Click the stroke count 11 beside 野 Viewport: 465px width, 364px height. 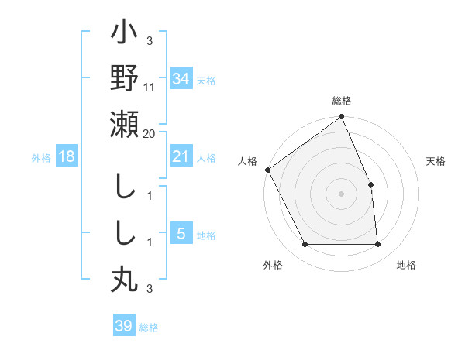tap(150, 88)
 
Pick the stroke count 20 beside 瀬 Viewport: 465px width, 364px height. tap(150, 134)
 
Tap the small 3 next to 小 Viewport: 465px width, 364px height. tap(149, 41)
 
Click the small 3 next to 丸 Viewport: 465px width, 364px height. tap(149, 289)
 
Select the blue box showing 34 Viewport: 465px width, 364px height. tap(181, 79)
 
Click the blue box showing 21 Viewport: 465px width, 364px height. tap(181, 156)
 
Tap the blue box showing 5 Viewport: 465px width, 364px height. tap(181, 234)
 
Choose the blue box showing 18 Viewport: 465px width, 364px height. tap(67, 156)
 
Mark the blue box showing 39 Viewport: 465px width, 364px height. tap(123, 326)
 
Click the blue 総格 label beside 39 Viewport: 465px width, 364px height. tap(149, 328)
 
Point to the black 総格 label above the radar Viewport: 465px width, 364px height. tap(341, 101)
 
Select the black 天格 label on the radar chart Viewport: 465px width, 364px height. tap(436, 161)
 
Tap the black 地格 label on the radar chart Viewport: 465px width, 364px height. tap(406, 265)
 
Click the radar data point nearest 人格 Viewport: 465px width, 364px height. tap(268, 170)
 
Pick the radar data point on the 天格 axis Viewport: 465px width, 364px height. tap(370, 184)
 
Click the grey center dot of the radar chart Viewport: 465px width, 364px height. tap(341, 194)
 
